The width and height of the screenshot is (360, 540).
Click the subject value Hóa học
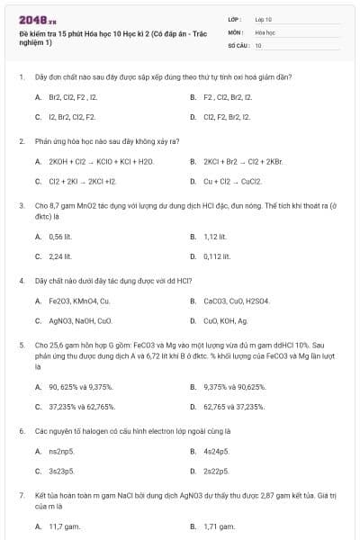tap(265, 31)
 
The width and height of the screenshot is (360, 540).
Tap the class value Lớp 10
tap(264, 19)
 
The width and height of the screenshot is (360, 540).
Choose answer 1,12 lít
tap(214, 237)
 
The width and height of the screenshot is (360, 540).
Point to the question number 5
tap(21, 345)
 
